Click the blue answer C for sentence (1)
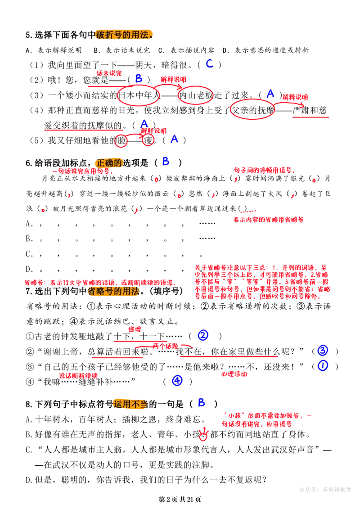(x=210, y=63)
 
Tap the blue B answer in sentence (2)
(x=139, y=78)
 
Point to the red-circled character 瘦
(x=148, y=140)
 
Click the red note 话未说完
(x=109, y=73)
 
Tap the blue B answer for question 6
(x=166, y=161)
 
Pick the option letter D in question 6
(x=29, y=269)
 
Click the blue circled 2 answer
(x=203, y=335)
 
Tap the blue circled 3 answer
(x=322, y=350)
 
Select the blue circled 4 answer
(x=177, y=380)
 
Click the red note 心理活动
(x=234, y=374)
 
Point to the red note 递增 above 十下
(x=135, y=329)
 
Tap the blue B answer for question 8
(x=201, y=402)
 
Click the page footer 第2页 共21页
(x=180, y=499)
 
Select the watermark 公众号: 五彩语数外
(x=325, y=489)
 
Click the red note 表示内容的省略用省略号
(x=269, y=220)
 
